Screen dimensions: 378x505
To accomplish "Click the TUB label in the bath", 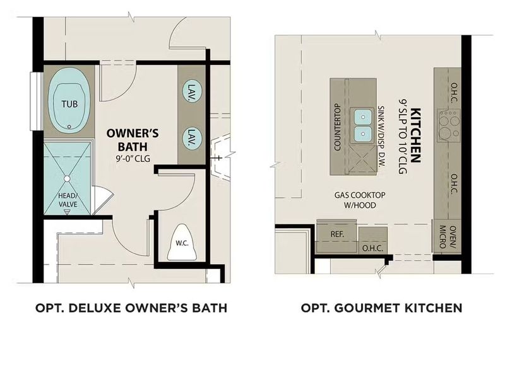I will coord(69,104).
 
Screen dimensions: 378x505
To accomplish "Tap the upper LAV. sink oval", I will coord(190,93).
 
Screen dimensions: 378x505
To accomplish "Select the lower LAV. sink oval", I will coord(190,137).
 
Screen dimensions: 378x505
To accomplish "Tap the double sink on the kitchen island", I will coord(362,125).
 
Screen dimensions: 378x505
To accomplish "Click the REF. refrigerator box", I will coord(336,234).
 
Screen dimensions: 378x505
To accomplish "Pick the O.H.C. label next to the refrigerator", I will coord(372,248).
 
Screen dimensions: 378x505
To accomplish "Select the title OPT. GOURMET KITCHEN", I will coord(381,308).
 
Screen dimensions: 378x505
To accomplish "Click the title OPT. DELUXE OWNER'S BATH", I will coord(131,308).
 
